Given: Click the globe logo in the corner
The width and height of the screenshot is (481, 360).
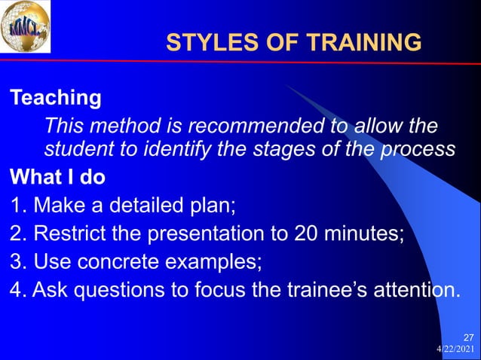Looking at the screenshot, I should [26, 27].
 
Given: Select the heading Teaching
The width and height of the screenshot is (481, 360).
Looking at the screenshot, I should [55, 97].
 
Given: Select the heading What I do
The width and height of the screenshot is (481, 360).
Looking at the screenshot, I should [57, 178].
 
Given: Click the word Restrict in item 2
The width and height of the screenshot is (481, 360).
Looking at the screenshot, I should [66, 233].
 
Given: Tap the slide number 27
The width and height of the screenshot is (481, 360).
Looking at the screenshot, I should [467, 336].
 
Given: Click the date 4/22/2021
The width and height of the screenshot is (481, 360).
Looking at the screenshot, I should [457, 349].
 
